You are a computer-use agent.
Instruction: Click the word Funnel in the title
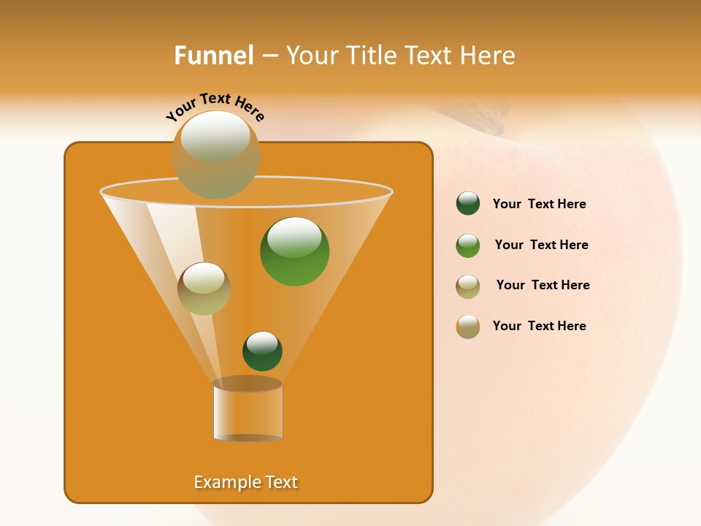point(214,56)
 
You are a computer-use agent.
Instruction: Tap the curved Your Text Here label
point(215,107)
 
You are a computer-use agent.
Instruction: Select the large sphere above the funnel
point(215,154)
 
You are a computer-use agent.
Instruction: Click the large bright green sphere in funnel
point(294,251)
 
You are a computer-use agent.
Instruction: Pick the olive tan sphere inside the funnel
point(204,289)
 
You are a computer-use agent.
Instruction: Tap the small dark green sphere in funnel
point(262,351)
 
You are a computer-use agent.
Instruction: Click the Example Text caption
point(246,482)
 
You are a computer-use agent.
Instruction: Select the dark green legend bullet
point(468,204)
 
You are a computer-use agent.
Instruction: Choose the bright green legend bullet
point(468,245)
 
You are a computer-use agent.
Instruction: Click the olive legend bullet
point(468,286)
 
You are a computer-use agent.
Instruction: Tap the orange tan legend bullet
point(468,327)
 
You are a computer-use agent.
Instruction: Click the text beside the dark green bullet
point(539,205)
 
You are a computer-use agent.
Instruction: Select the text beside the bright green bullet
point(541,245)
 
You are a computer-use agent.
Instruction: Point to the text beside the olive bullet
point(543,286)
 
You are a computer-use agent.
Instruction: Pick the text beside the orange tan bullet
point(539,326)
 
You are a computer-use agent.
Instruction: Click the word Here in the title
point(489,56)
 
